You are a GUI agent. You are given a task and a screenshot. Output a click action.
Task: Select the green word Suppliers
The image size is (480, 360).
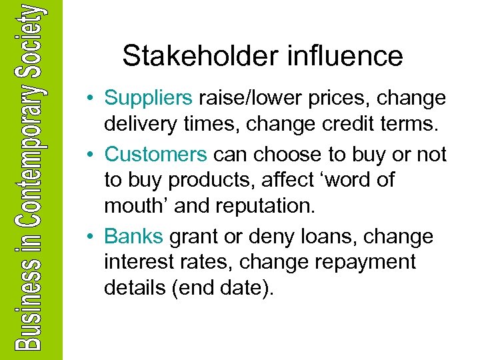pyautogui.click(x=149, y=99)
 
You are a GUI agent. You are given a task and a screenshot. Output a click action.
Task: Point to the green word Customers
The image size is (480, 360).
pyautogui.click(x=155, y=155)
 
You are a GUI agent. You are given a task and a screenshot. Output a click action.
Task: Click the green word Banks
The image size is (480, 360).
pyautogui.click(x=134, y=237)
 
